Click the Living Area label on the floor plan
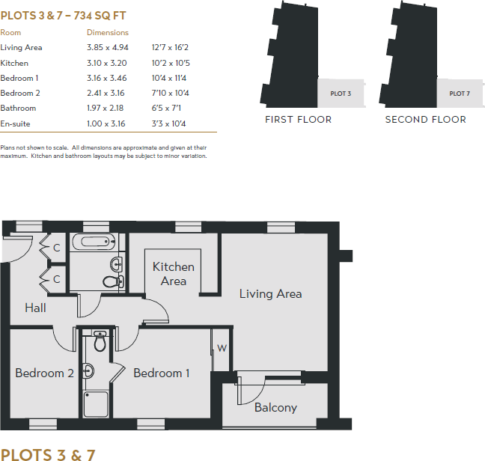270,294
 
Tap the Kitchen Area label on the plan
173,274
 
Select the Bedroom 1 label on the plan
161,373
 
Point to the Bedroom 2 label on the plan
44,373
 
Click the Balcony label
275,408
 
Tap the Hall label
35,308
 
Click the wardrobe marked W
222,348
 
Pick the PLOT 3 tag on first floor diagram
340,94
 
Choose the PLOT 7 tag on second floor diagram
459,94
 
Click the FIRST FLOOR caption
298,120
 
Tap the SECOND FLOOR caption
425,120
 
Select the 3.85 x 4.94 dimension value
105,47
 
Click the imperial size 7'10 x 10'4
170,93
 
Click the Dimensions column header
108,32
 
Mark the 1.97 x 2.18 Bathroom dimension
105,109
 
